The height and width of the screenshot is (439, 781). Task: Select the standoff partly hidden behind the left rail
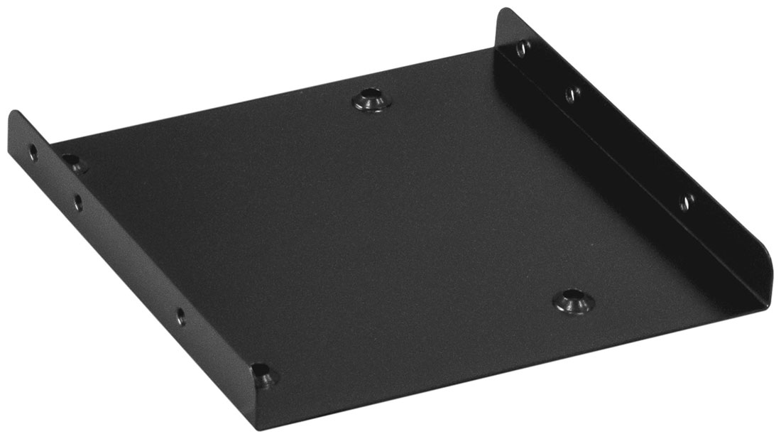[x=74, y=164]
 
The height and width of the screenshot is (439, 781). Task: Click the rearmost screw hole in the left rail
[x=33, y=151]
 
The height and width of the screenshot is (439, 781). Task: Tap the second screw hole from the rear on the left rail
[x=77, y=202]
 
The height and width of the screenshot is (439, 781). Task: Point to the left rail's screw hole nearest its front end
[x=180, y=315]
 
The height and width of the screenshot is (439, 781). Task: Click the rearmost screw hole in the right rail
[x=523, y=49]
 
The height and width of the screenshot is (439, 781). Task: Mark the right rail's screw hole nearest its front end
[x=686, y=202]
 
